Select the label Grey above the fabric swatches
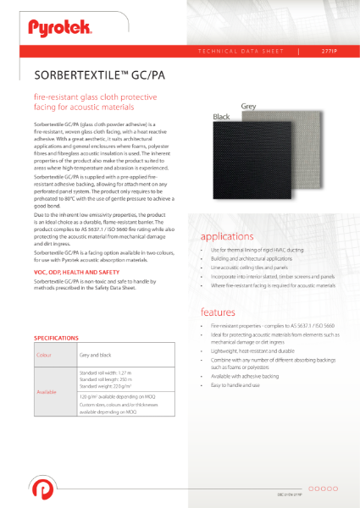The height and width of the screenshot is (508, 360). (x=248, y=107)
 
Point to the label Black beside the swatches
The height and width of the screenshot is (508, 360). (x=221, y=117)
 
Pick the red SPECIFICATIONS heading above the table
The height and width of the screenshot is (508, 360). (x=57, y=338)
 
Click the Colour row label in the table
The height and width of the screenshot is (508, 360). (x=47, y=356)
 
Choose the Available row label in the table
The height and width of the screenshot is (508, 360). (x=47, y=392)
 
